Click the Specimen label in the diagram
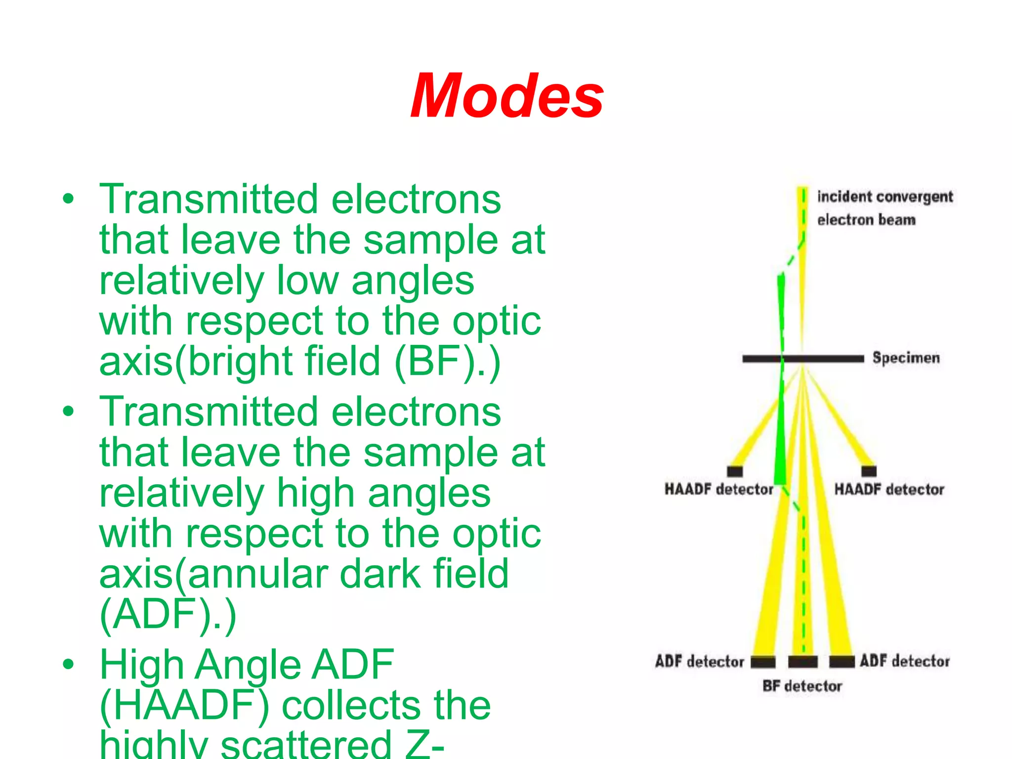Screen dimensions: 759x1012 (906, 358)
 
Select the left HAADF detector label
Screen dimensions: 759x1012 (718, 489)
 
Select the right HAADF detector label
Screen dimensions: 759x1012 (889, 489)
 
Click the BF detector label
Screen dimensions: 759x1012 (802, 686)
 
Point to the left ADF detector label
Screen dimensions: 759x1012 (699, 661)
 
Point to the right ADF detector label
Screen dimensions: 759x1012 (904, 661)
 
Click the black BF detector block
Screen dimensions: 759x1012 (802, 662)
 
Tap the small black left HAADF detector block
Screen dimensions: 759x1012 (735, 471)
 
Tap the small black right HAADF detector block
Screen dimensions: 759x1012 (869, 471)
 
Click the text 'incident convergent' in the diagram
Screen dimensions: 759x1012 (885, 197)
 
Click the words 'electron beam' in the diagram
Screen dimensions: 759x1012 (866, 219)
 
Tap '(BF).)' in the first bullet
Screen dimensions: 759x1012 (448, 362)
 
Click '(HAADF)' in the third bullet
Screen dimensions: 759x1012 (184, 706)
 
